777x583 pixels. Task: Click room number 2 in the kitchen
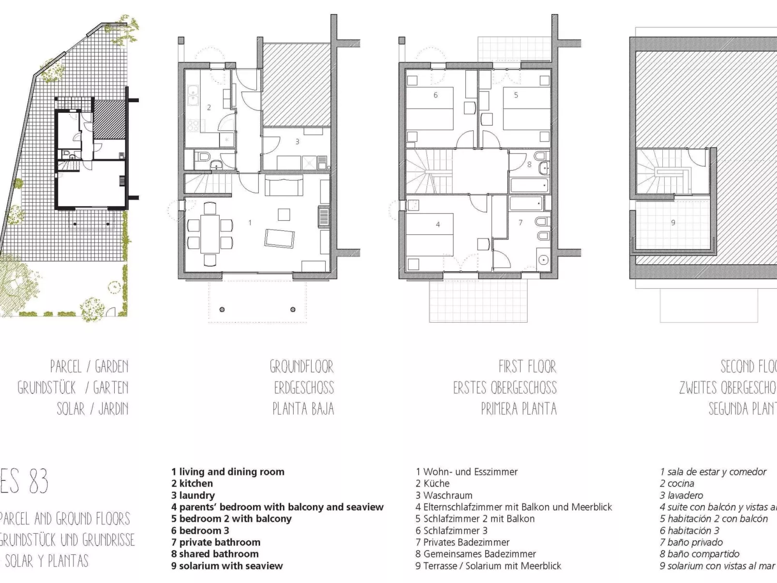pyautogui.click(x=209, y=107)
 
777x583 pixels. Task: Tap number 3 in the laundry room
pyautogui.click(x=297, y=142)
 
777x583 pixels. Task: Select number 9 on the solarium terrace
pyautogui.click(x=673, y=223)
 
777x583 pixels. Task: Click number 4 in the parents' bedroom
pyautogui.click(x=438, y=224)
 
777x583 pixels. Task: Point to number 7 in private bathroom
pyautogui.click(x=521, y=223)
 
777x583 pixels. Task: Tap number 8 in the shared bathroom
pyautogui.click(x=529, y=164)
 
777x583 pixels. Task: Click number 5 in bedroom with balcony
pyautogui.click(x=516, y=95)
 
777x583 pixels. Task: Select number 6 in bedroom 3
pyautogui.click(x=435, y=95)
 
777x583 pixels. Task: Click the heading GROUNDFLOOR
pyautogui.click(x=302, y=367)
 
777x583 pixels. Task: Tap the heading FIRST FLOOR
pyautogui.click(x=527, y=367)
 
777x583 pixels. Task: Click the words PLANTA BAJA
pyautogui.click(x=303, y=409)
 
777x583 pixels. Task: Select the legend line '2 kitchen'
pyautogui.click(x=192, y=483)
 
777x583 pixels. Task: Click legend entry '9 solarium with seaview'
pyautogui.click(x=227, y=566)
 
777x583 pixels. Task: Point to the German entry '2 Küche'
pyautogui.click(x=433, y=483)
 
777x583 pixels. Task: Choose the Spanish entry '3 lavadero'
pyautogui.click(x=681, y=495)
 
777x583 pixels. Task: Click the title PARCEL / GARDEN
pyautogui.click(x=90, y=367)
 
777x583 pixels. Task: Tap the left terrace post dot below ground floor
pyautogui.click(x=222, y=309)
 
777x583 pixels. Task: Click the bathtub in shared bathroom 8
pyautogui.click(x=529, y=185)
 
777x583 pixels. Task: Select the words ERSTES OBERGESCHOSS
pyautogui.click(x=505, y=388)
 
